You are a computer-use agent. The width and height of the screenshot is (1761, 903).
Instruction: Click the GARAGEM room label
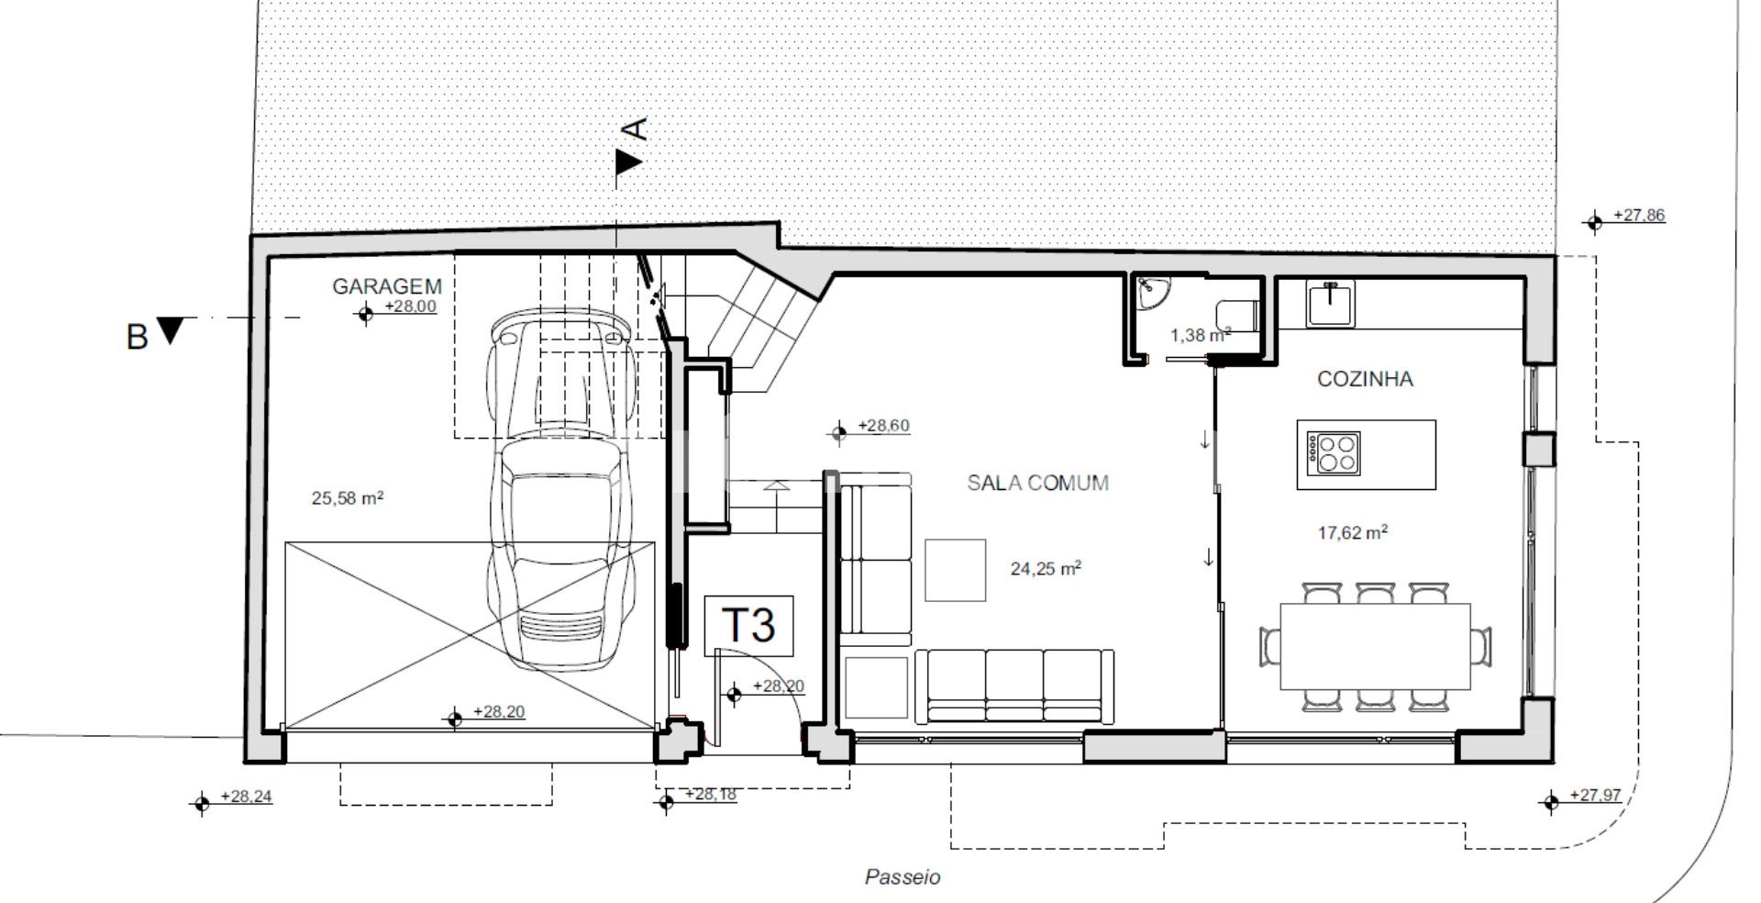[387, 286]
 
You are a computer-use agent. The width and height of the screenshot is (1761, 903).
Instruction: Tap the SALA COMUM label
[1038, 483]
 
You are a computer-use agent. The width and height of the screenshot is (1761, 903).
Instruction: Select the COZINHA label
[1365, 379]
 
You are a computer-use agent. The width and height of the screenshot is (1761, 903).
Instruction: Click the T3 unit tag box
[748, 626]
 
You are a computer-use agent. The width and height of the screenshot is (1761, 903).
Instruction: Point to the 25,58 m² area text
[348, 498]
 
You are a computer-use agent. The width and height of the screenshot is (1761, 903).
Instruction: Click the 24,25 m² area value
[1046, 569]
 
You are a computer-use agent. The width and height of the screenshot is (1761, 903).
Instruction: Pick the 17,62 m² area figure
[1351, 532]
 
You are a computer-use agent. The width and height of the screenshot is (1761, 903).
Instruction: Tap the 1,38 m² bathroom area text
[1201, 336]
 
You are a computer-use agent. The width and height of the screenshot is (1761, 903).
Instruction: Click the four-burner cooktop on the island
[1335, 453]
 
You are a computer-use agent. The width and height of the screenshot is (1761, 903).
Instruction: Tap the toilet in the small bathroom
[1237, 313]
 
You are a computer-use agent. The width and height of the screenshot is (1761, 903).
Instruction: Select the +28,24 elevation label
[233, 799]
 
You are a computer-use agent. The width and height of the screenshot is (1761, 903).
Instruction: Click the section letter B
[137, 337]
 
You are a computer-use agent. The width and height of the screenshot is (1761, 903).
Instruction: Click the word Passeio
[903, 877]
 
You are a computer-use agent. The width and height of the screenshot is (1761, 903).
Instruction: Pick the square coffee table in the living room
[955, 570]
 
